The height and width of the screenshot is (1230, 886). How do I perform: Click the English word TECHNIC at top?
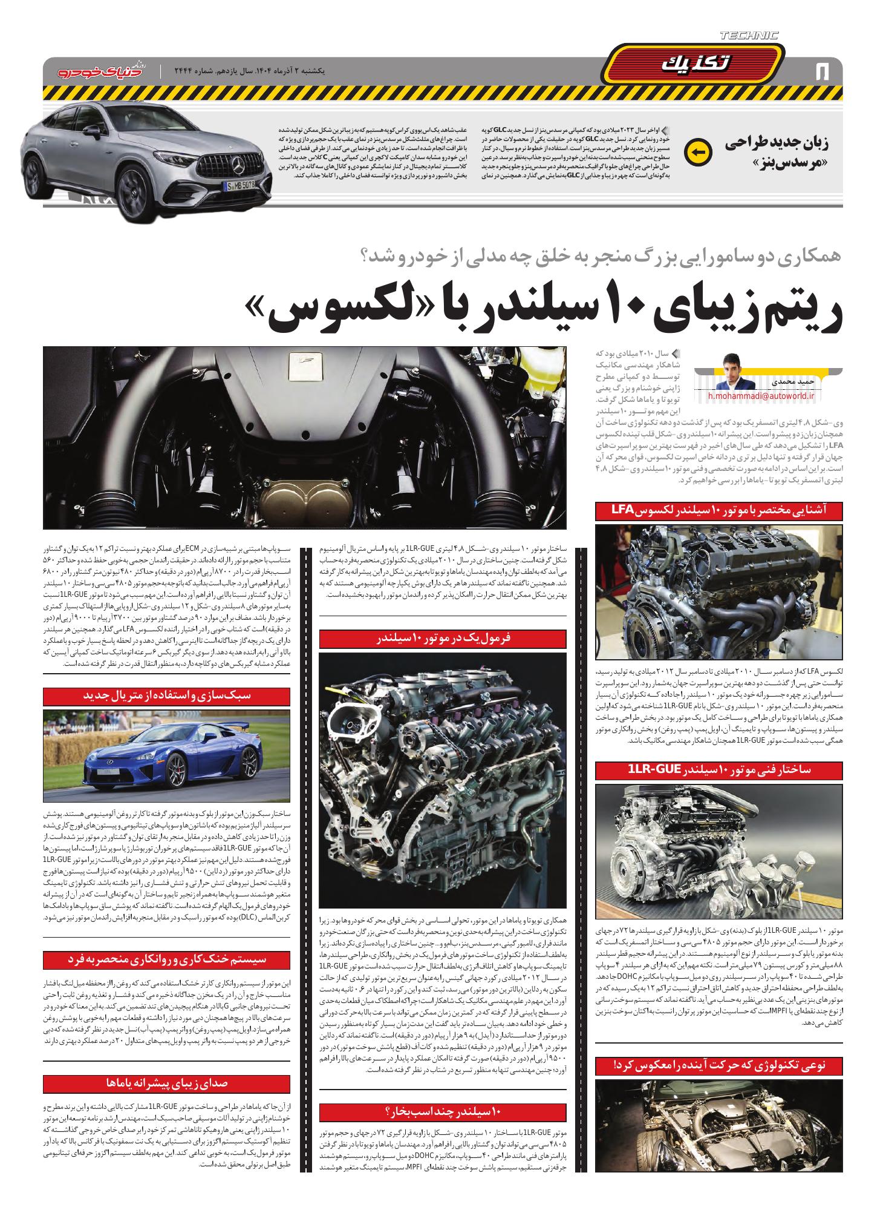[749, 36]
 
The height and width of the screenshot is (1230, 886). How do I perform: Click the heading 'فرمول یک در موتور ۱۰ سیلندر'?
[443, 639]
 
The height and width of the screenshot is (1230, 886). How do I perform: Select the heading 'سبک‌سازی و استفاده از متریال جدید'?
[166, 696]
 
